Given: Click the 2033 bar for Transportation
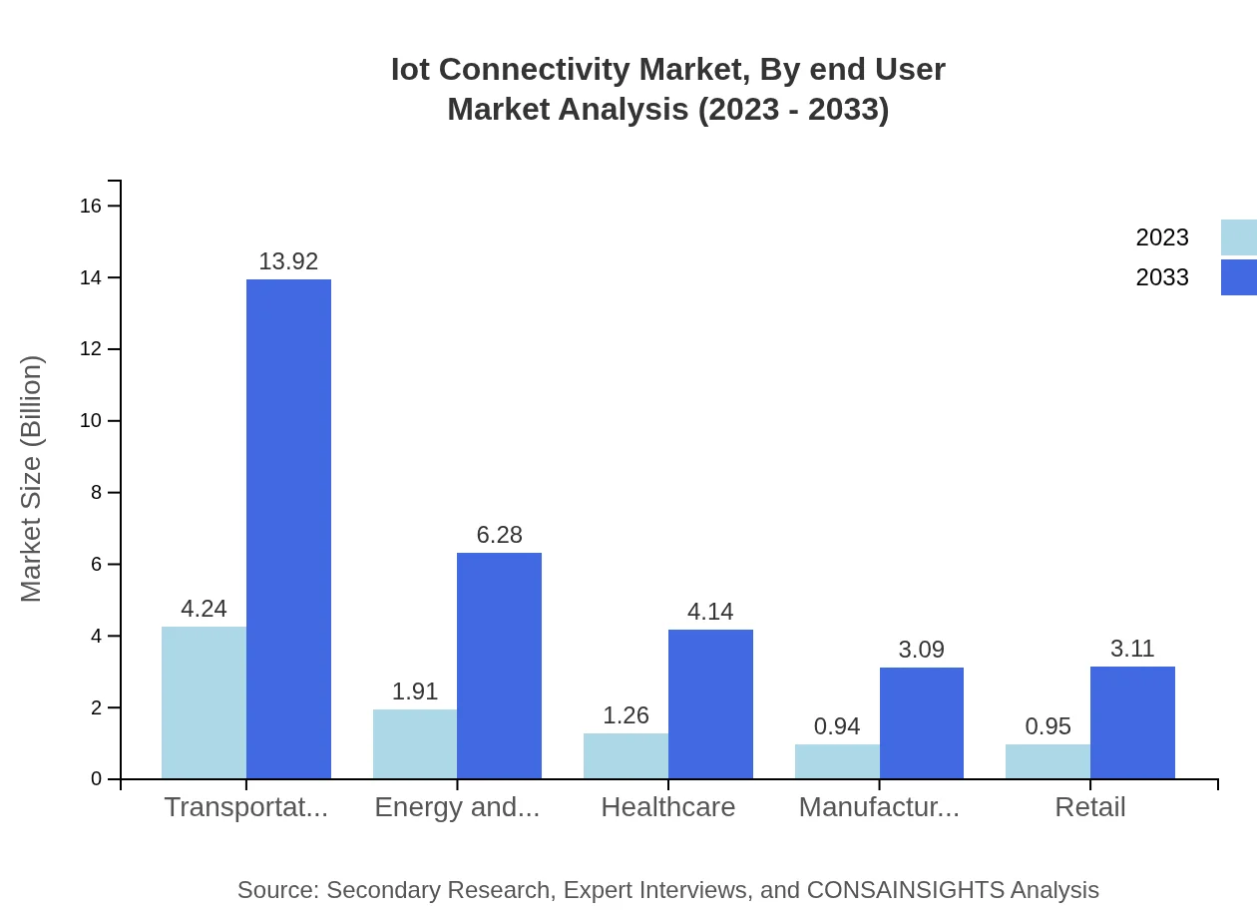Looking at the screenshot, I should [288, 529].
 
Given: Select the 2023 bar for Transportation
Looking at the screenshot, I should [204, 702].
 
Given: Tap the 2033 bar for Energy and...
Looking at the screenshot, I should [499, 666].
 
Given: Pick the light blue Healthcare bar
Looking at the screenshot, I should [626, 755].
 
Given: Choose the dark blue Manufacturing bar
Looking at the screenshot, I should [921, 722].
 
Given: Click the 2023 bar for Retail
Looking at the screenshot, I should [1047, 761].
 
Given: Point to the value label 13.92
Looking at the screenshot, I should [288, 261].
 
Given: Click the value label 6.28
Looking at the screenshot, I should [499, 535].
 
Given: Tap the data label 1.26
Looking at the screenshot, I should [626, 715].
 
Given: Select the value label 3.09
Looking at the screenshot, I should [921, 650].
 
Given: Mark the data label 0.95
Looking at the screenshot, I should [1047, 726].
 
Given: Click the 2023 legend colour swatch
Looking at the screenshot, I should [1238, 237].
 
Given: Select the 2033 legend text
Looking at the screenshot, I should [1162, 277].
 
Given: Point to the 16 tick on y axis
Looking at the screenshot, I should [91, 206].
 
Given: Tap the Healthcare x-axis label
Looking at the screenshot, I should [667, 807].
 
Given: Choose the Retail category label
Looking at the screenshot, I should [1089, 807].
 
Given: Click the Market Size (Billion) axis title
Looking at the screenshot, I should [32, 479].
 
